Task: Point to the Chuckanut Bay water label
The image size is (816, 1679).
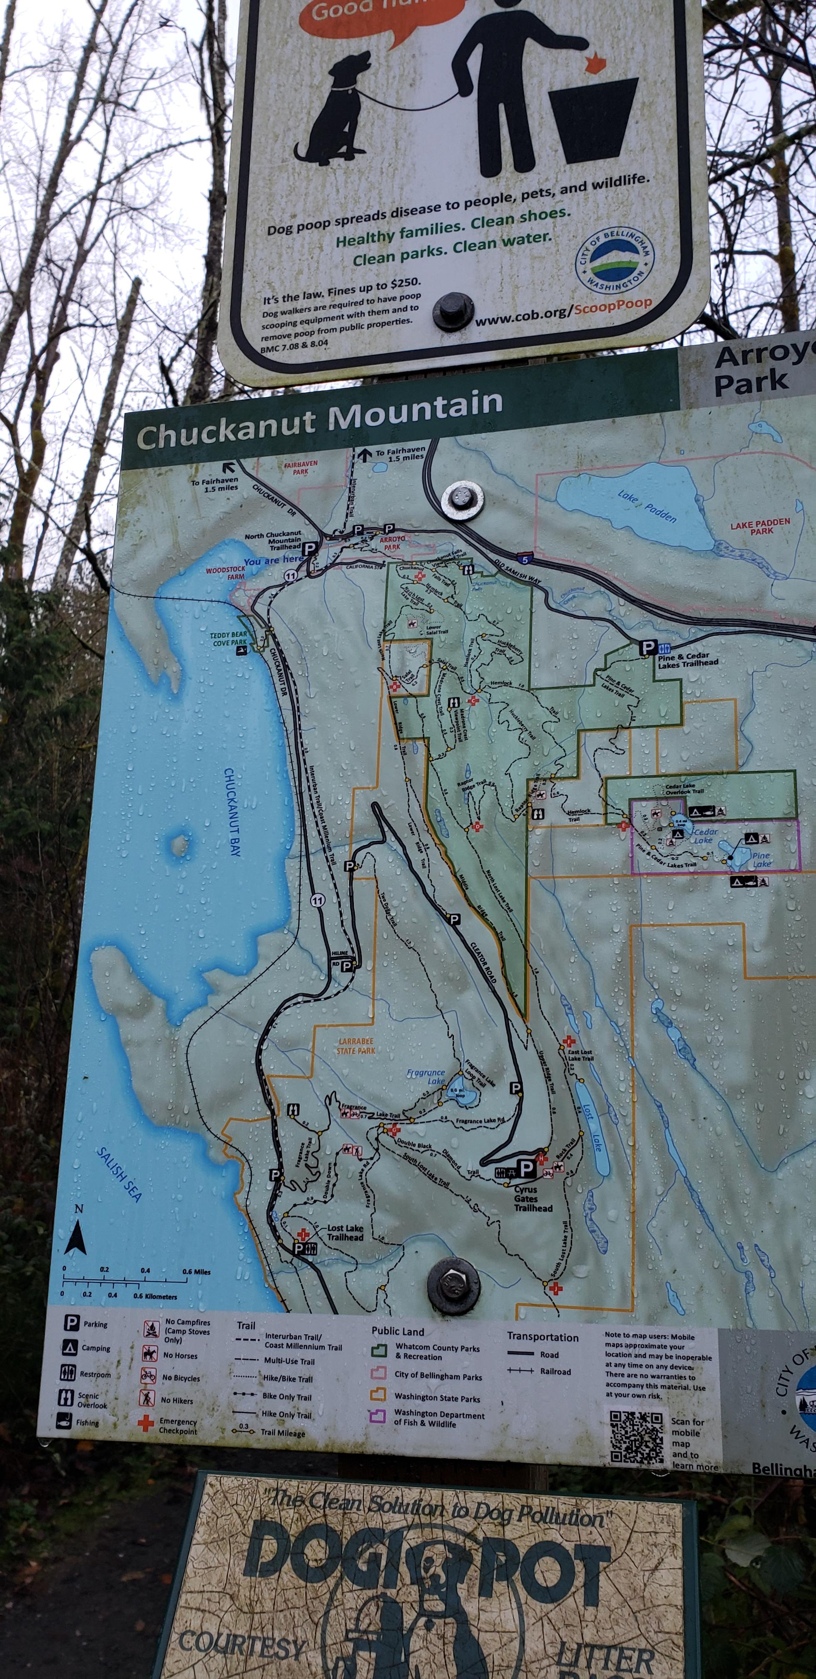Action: pyautogui.click(x=233, y=812)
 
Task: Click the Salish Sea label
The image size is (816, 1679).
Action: pyautogui.click(x=119, y=1173)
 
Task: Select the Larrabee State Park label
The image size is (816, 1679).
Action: pyautogui.click(x=356, y=1046)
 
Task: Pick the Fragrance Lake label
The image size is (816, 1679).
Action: pyautogui.click(x=426, y=1076)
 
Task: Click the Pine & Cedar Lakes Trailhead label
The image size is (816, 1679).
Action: pyautogui.click(x=688, y=660)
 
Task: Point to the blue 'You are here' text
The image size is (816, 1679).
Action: pyautogui.click(x=273, y=560)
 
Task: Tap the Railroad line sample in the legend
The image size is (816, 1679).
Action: pyautogui.click(x=521, y=1371)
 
